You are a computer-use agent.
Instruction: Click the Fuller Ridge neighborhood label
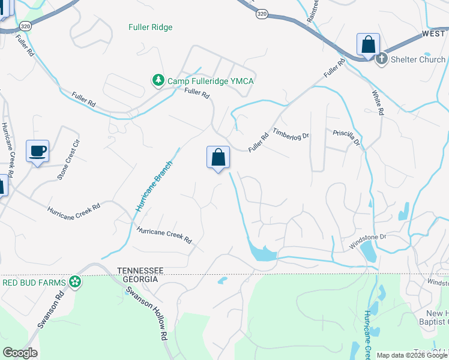pyautogui.click(x=150, y=28)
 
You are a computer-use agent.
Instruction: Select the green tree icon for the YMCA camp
pyautogui.click(x=157, y=80)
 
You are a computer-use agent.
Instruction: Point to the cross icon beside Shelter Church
pyautogui.click(x=381, y=59)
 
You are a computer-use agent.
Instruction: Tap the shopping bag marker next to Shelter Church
pyautogui.click(x=368, y=45)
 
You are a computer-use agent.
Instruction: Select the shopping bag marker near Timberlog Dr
pyautogui.click(x=218, y=158)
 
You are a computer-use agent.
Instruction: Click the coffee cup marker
pyautogui.click(x=37, y=151)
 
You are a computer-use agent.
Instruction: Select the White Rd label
pyautogui.click(x=376, y=103)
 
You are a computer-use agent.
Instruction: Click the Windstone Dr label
pyautogui.click(x=367, y=241)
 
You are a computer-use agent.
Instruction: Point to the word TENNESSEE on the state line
pyautogui.click(x=140, y=271)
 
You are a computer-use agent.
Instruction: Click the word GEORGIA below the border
pyautogui.click(x=137, y=280)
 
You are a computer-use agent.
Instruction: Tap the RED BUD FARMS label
pyautogui.click(x=34, y=281)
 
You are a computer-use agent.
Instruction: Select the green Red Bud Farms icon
pyautogui.click(x=74, y=281)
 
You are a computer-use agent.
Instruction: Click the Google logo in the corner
pyautogui.click(x=20, y=353)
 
